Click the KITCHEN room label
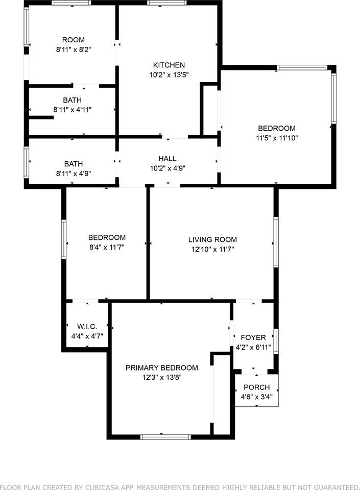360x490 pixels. [x=169, y=65]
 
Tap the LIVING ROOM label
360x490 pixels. [x=212, y=240]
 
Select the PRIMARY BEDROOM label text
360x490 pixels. [x=161, y=368]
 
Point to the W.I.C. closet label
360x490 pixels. [x=87, y=327]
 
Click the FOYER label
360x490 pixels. [x=253, y=338]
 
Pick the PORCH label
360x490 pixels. [x=256, y=387]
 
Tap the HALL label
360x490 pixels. [x=167, y=158]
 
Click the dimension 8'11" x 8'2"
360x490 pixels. [x=74, y=50]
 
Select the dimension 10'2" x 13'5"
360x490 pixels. [x=169, y=75]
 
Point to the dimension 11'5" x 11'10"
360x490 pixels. [x=277, y=138]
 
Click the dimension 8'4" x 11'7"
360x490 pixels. [x=107, y=247]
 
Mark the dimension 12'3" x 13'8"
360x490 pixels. [x=162, y=378]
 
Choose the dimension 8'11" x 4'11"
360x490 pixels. [x=73, y=110]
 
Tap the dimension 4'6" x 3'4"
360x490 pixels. [x=256, y=397]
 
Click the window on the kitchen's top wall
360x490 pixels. [x=167, y=3]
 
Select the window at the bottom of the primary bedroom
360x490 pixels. [x=165, y=437]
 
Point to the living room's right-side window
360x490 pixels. [x=276, y=242]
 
